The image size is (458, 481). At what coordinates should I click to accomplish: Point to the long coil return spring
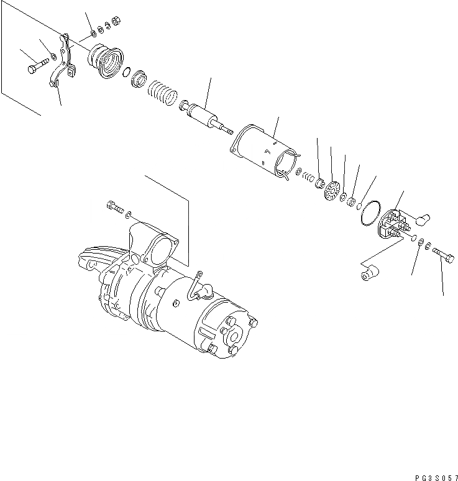163,95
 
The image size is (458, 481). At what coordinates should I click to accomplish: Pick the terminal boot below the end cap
370,273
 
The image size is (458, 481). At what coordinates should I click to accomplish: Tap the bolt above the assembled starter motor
114,206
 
